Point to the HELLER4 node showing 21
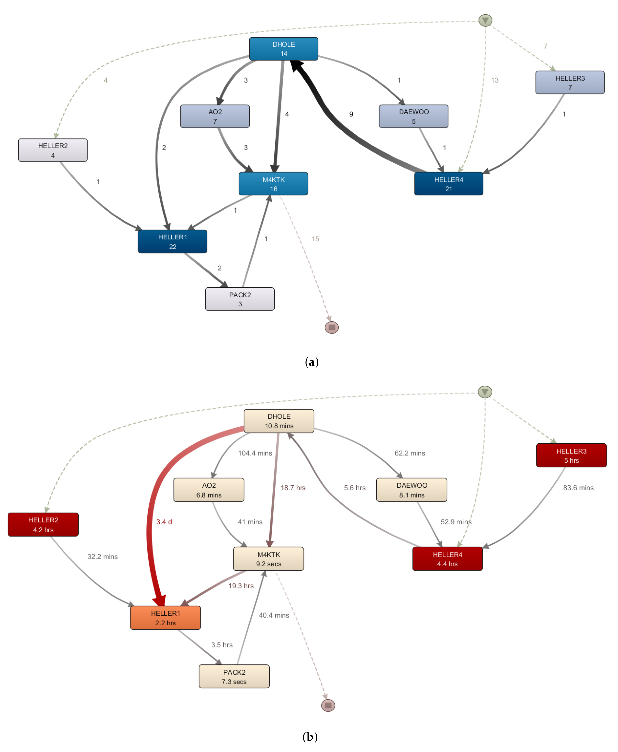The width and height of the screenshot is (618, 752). pos(448,184)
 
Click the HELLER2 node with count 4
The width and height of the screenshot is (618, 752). pos(53,150)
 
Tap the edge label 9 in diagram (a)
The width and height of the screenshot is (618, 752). pos(351,114)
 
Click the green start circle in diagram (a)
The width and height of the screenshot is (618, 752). pos(485,20)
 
